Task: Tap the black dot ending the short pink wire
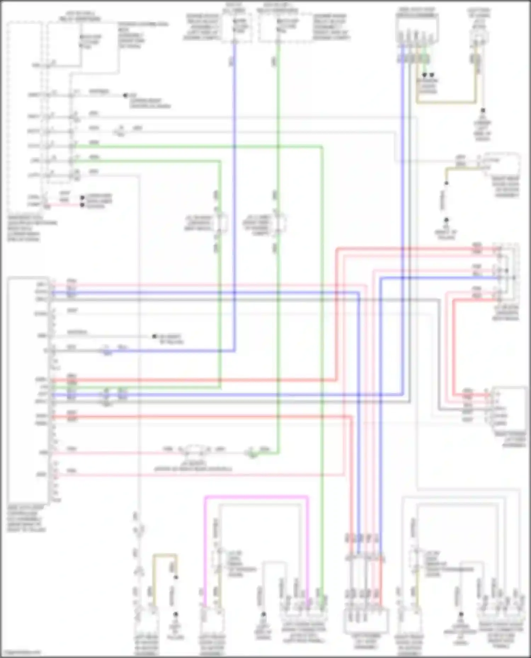pyautogui.click(x=82, y=205)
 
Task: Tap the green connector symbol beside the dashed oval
pyautogui.click(x=252, y=453)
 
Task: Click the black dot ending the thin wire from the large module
pyautogui.click(x=154, y=336)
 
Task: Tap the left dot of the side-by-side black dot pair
pyautogui.click(x=424, y=75)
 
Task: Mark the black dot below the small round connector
pyautogui.click(x=483, y=111)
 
